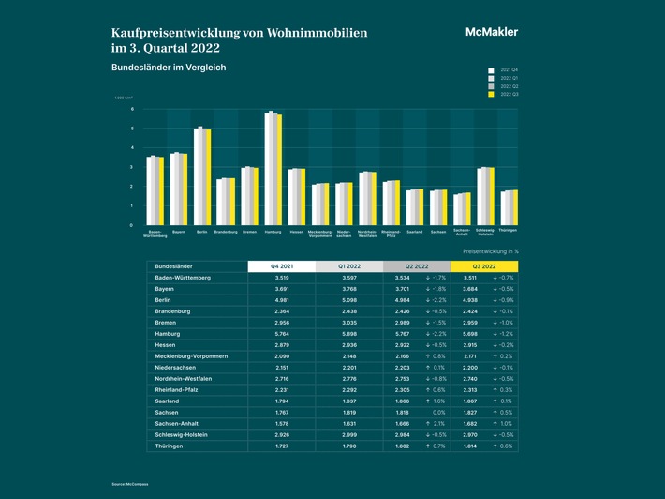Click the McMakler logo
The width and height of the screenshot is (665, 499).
(491, 32)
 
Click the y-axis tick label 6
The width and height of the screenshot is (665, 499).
(132, 109)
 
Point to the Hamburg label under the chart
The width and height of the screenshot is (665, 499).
(274, 231)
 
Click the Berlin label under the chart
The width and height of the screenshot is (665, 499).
(202, 231)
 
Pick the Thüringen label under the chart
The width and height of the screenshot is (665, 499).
(509, 231)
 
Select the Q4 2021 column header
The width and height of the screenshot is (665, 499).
(281, 266)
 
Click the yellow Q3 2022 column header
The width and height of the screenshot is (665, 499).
(484, 266)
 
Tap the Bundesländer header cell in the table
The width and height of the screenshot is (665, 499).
(174, 266)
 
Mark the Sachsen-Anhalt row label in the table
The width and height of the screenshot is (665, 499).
(180, 422)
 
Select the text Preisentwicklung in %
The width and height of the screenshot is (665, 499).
(491, 251)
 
